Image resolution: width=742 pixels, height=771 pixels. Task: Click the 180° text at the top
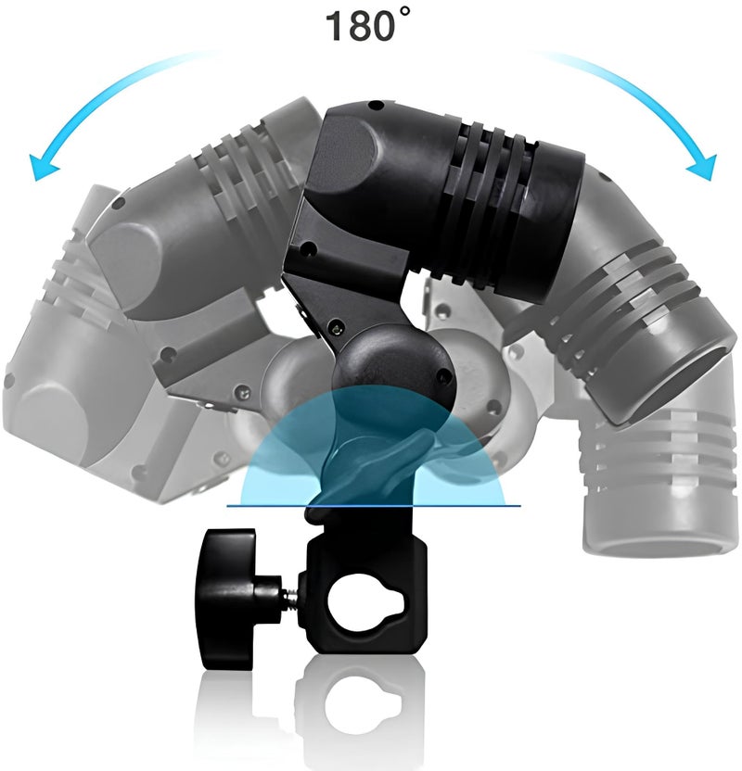367,26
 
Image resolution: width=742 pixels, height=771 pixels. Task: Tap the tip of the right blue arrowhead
710,181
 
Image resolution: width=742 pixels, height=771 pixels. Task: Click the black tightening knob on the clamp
226,599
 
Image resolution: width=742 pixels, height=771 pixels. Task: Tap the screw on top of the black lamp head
376,106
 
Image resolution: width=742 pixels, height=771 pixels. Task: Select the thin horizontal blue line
374,505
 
